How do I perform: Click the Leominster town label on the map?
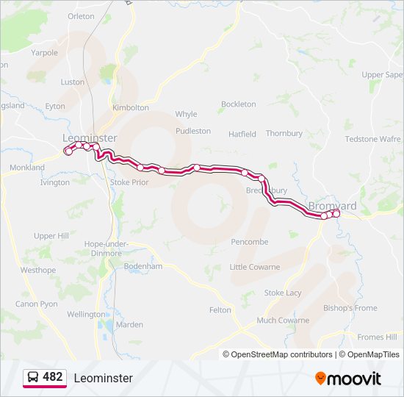click(x=90, y=138)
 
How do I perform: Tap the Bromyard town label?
click(x=332, y=206)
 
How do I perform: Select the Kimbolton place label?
click(x=131, y=107)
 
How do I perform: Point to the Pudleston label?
click(x=193, y=131)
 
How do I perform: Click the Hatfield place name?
click(x=242, y=135)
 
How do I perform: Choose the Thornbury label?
click(x=284, y=134)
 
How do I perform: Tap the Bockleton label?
click(x=239, y=104)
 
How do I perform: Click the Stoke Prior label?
click(x=129, y=182)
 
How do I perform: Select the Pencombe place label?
click(x=249, y=242)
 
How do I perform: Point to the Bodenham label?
click(x=143, y=266)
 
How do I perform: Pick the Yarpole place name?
click(x=44, y=53)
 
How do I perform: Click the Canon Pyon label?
click(x=37, y=304)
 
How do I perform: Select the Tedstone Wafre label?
click(x=372, y=139)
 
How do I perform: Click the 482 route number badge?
click(x=53, y=377)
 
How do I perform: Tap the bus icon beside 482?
click(x=34, y=377)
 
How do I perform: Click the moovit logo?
click(x=348, y=379)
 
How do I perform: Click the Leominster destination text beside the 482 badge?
click(x=103, y=378)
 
